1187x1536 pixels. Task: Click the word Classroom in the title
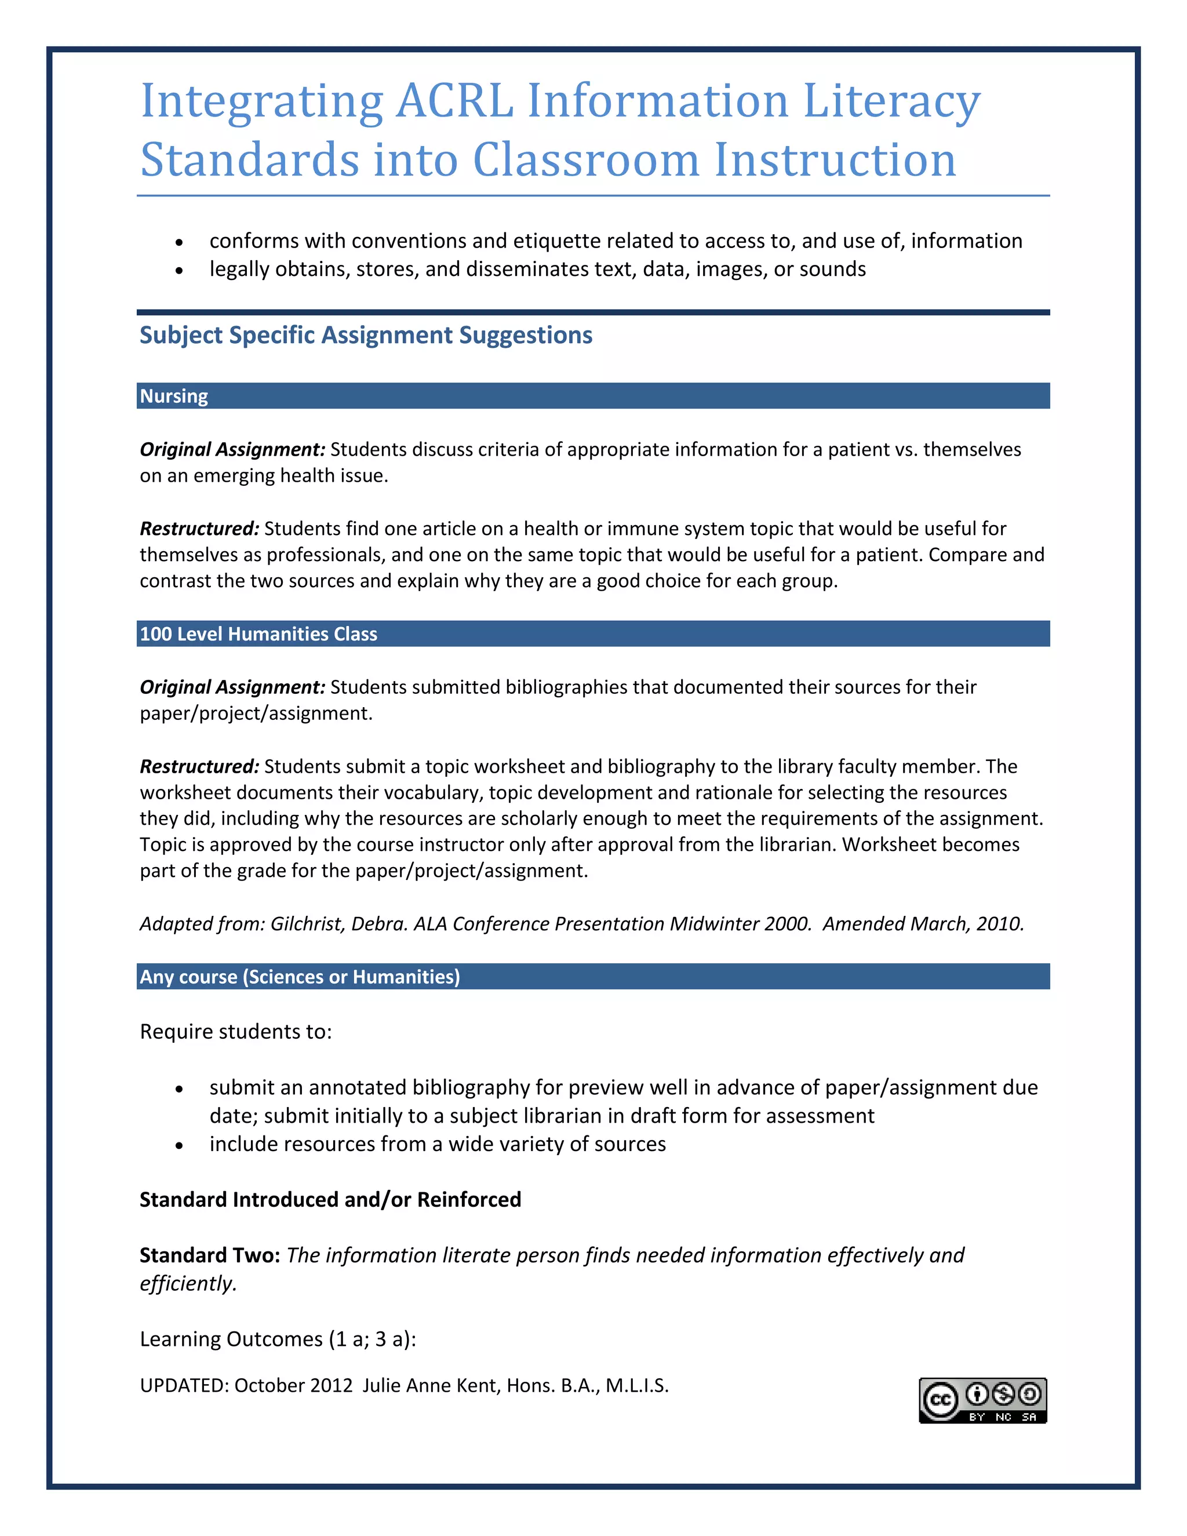point(586,161)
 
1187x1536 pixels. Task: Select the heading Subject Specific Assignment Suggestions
point(366,336)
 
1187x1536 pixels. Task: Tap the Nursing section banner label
point(174,396)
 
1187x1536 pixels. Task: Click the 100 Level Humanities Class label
point(258,634)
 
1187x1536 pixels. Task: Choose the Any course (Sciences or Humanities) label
point(300,977)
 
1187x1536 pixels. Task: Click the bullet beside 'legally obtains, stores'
point(180,270)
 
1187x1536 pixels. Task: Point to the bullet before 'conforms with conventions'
point(180,242)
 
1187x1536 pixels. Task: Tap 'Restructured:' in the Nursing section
point(199,528)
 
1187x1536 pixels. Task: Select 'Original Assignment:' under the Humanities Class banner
point(232,687)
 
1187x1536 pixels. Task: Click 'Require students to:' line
point(235,1032)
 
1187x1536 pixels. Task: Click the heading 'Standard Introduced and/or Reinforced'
point(330,1200)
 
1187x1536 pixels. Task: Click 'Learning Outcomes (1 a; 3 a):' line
point(278,1339)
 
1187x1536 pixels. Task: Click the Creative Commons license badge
point(982,1400)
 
